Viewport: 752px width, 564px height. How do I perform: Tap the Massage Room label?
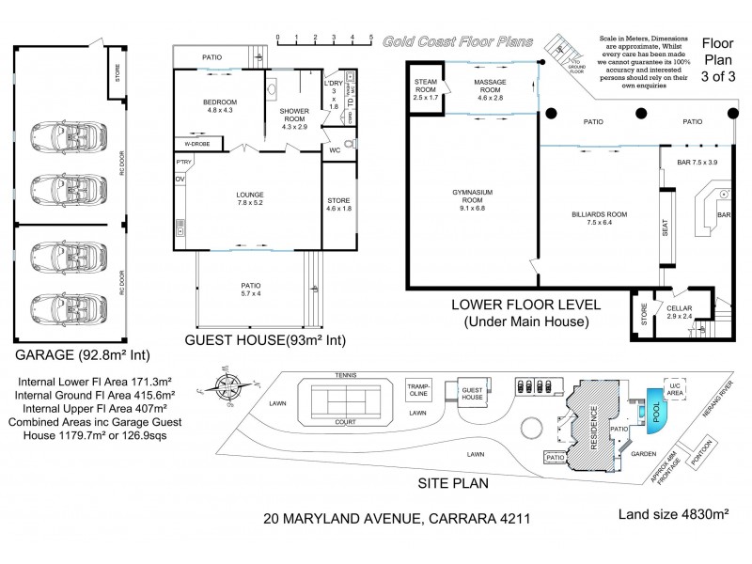point(490,90)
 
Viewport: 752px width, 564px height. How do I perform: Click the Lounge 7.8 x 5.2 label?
point(249,199)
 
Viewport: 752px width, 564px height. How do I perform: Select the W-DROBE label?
point(196,144)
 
